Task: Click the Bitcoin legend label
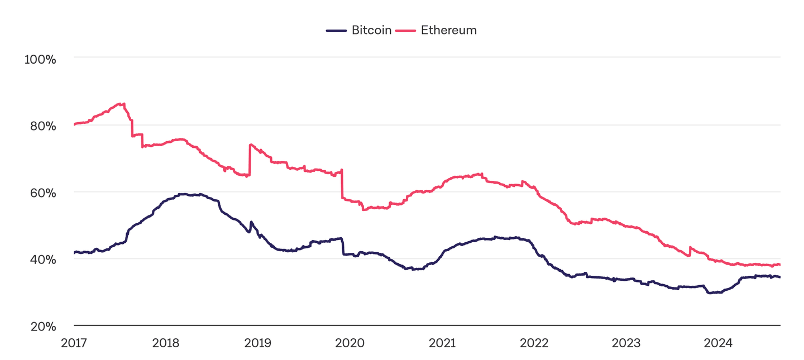point(371,30)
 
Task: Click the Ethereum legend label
point(448,30)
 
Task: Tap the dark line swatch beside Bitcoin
point(337,31)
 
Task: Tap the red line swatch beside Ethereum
point(406,31)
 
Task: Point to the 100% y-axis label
point(40,59)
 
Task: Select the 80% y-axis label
point(42,126)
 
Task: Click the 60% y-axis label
point(42,193)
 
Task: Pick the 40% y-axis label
point(42,260)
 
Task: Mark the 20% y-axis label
point(42,327)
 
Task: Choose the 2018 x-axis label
point(165,343)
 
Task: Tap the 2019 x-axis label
point(257,343)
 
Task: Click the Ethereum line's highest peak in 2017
point(123,103)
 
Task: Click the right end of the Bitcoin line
point(779,277)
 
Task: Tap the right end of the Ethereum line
point(779,265)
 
